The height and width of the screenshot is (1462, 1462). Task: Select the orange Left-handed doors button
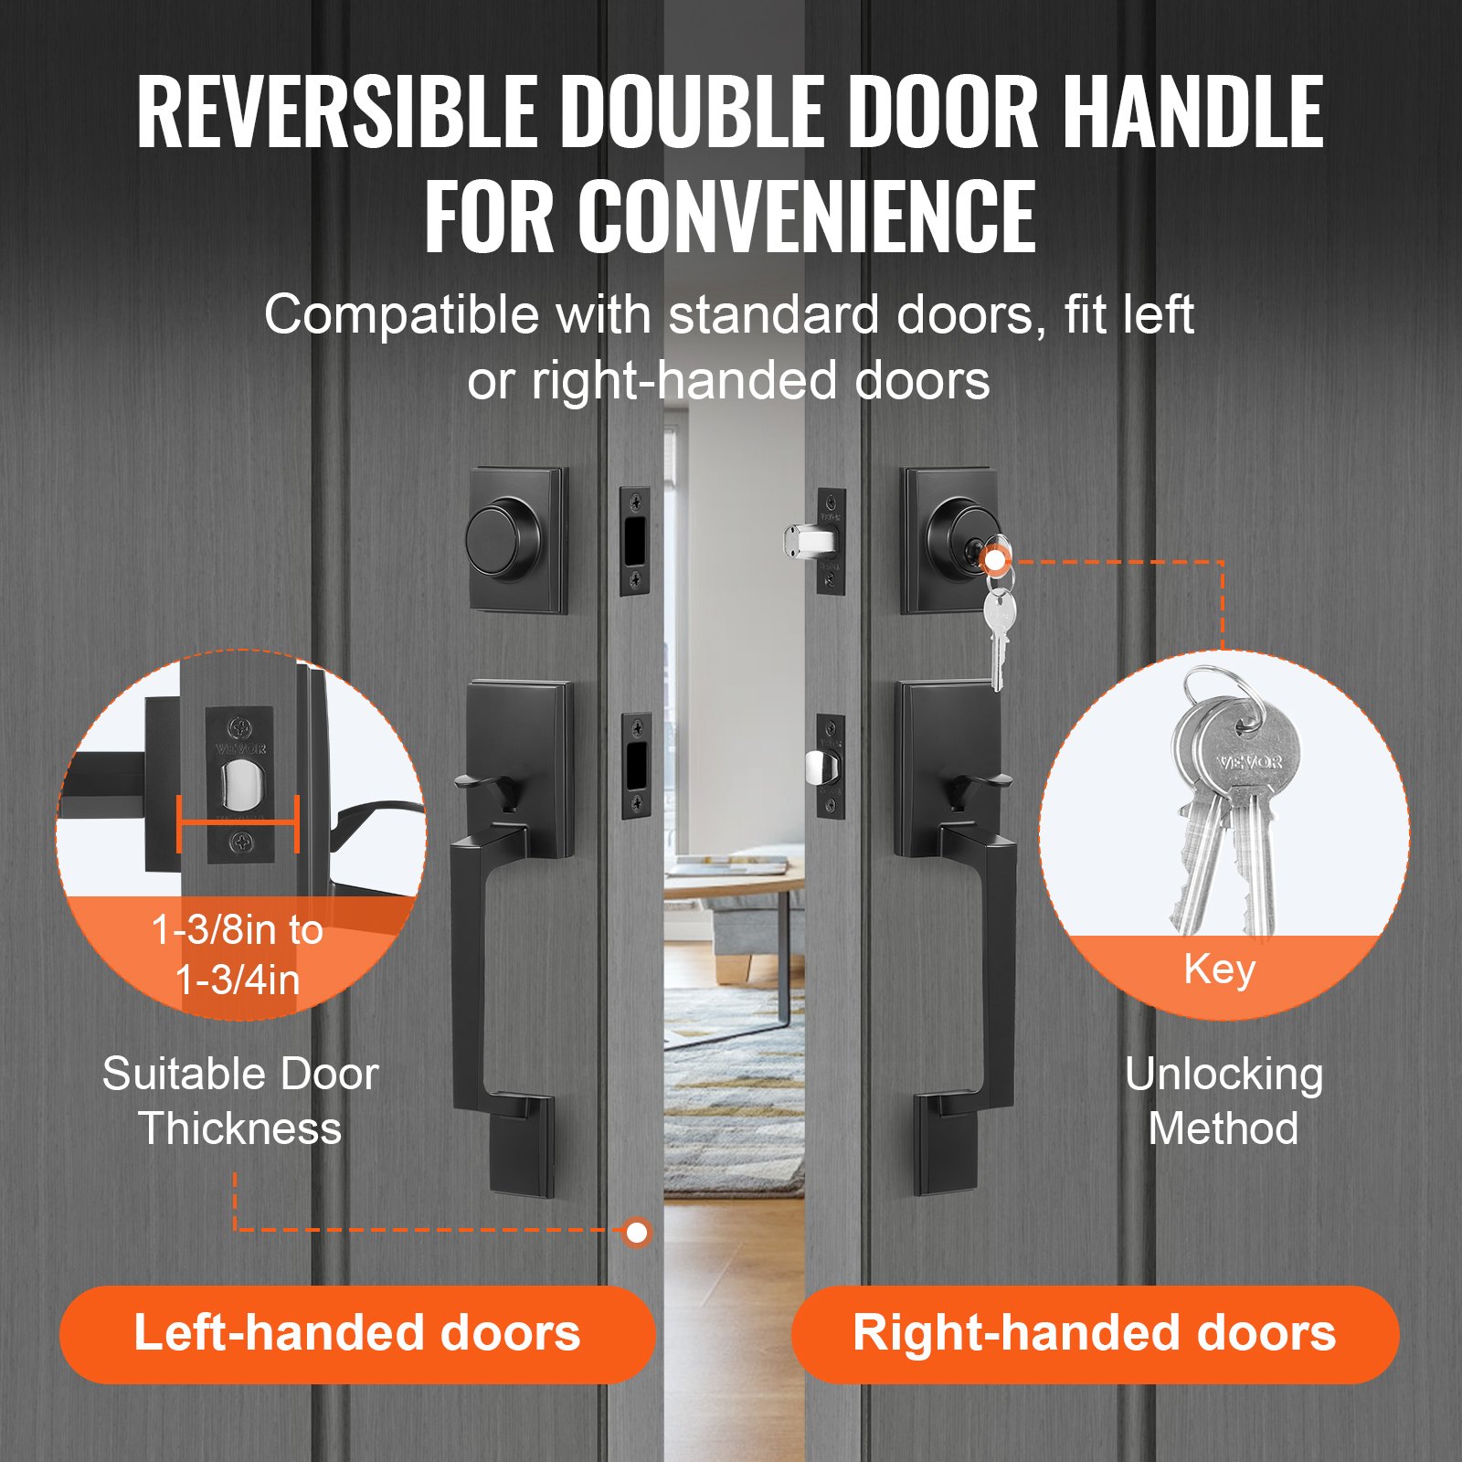coord(357,1333)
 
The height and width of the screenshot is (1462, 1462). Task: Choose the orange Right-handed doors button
coord(1094,1333)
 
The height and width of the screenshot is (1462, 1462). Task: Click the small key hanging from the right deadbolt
coord(999,630)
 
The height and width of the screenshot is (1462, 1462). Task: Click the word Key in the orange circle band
coord(1219,969)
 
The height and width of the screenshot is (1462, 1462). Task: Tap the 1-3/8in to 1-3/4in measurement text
coord(238,956)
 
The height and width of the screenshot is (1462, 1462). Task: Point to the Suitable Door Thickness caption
coord(239,1101)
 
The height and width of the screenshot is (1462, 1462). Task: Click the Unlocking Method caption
coord(1223,1101)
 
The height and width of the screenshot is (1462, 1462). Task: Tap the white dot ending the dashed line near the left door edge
coord(637,1233)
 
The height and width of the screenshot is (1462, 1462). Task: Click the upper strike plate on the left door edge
coord(635,541)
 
